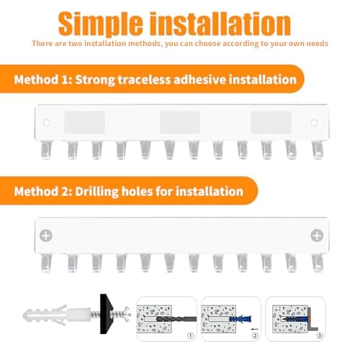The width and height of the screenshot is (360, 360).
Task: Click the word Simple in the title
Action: coord(101,24)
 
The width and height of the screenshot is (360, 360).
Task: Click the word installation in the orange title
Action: coord(220,23)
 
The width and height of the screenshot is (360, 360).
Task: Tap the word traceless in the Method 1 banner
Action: coord(144,80)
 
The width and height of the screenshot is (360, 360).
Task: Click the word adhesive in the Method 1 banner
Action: coord(199,79)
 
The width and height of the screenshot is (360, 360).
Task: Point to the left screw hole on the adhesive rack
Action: coord(47,123)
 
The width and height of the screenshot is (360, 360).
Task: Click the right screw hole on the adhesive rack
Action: coord(314,123)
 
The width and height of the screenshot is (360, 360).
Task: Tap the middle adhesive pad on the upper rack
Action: coord(180,122)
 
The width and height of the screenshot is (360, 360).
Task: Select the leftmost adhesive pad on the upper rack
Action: coord(84,122)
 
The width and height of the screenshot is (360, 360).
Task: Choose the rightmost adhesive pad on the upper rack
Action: coord(271,122)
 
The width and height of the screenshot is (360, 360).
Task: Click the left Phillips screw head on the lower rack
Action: coord(46,235)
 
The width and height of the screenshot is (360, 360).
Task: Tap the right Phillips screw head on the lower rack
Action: coord(317,235)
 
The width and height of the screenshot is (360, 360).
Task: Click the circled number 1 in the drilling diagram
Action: coord(190,336)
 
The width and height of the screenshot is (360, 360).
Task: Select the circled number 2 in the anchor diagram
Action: coord(255,336)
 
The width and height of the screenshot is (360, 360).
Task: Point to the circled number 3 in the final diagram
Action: coord(320,336)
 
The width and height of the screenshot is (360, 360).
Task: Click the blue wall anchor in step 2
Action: coord(240,319)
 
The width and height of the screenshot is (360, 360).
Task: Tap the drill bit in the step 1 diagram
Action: coord(176,319)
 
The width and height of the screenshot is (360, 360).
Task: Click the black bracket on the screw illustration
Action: coord(106,314)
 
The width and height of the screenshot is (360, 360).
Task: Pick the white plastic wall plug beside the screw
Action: coord(57,315)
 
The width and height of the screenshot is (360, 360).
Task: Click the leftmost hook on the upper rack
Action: coord(45,150)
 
